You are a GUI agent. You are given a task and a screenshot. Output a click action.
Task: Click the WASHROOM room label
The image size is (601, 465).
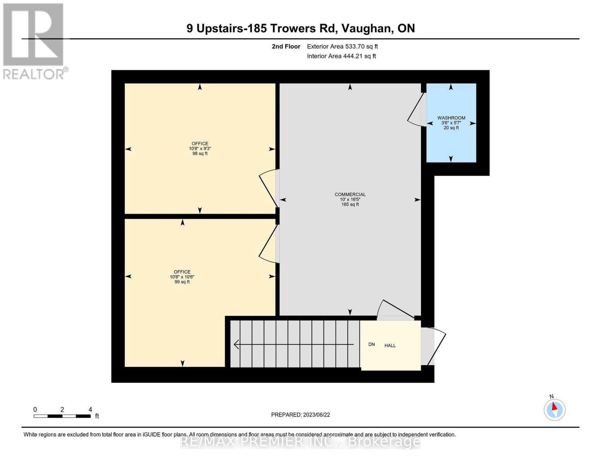(x=451, y=118)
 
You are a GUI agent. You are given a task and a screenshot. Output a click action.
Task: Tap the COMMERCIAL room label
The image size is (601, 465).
(x=350, y=195)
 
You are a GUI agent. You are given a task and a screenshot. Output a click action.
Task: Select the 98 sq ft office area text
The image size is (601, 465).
(x=200, y=153)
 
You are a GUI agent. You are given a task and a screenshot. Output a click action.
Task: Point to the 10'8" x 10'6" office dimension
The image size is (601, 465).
(x=182, y=277)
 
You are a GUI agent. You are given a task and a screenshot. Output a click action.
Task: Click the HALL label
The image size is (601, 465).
(x=390, y=346)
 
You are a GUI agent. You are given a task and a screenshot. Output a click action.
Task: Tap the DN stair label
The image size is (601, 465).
(x=372, y=344)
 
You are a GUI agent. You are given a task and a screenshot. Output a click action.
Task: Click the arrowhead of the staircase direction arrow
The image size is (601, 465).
(x=236, y=344)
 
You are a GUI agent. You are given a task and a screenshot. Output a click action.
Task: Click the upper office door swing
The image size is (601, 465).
(x=269, y=188)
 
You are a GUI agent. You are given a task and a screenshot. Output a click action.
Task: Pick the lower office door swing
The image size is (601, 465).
(x=268, y=244)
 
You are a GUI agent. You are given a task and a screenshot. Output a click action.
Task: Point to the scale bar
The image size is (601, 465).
(x=62, y=416)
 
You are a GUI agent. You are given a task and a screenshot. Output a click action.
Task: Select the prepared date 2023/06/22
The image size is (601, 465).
(x=316, y=415)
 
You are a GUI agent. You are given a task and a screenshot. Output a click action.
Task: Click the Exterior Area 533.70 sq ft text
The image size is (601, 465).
(x=342, y=46)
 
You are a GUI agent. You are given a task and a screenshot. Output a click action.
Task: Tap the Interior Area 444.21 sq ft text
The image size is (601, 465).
(x=341, y=56)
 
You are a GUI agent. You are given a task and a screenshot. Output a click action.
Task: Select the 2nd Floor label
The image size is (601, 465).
(x=286, y=46)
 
